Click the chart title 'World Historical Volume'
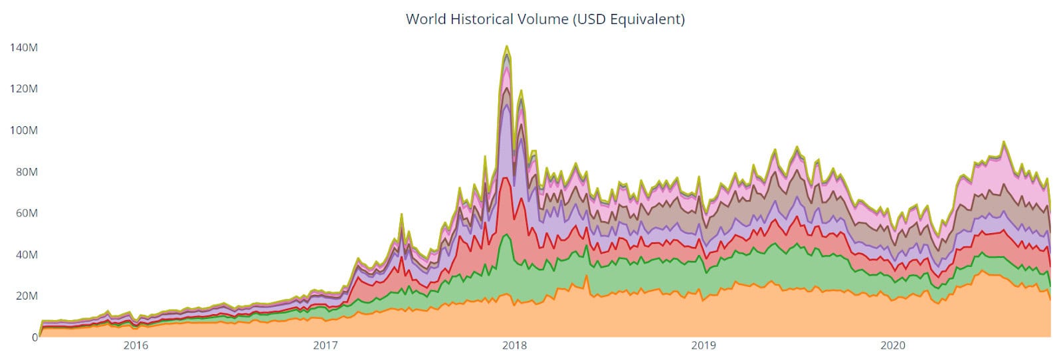pos(486,19)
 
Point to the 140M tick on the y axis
pos(23,48)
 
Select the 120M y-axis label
pos(23,89)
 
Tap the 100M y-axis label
pos(23,130)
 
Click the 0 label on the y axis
pos(34,337)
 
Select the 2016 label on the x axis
pos(136,346)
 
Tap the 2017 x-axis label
pos(325,346)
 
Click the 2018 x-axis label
pos(514,346)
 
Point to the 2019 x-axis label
pos(704,346)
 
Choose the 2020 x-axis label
pos(893,346)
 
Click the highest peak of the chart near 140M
pos(507,46)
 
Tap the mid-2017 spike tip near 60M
pos(401,215)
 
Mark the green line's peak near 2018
pos(507,234)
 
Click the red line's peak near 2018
pos(506,177)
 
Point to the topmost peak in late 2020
pos(1004,141)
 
